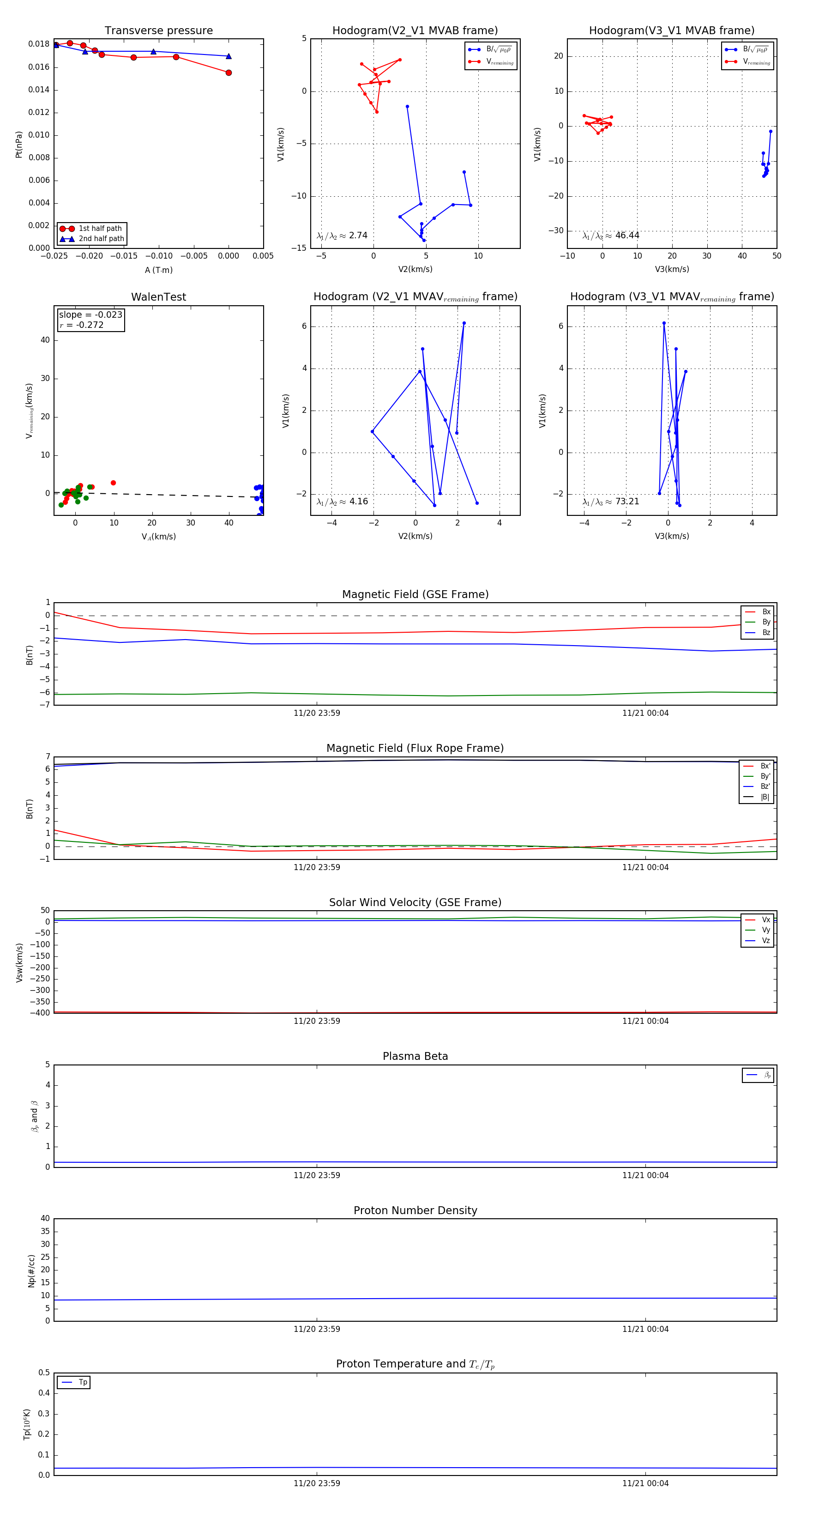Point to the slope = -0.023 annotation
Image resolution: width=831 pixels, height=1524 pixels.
90,315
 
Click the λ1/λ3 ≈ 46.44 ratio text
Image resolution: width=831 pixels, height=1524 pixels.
610,236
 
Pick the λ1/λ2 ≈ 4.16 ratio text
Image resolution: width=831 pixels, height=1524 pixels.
342,502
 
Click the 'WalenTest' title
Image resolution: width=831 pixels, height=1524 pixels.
158,297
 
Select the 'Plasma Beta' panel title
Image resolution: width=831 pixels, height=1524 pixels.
415,1056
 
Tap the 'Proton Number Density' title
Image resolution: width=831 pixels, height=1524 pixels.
415,1210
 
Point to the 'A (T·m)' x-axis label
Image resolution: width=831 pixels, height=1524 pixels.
158,270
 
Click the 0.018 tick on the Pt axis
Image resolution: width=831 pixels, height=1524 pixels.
39,44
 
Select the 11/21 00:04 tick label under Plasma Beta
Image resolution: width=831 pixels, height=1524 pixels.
645,1175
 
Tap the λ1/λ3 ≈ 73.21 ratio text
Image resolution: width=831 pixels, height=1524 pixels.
610,502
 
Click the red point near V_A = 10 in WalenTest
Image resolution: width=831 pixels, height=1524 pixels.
113,483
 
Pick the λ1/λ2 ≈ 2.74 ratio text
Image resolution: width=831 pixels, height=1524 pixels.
342,236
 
